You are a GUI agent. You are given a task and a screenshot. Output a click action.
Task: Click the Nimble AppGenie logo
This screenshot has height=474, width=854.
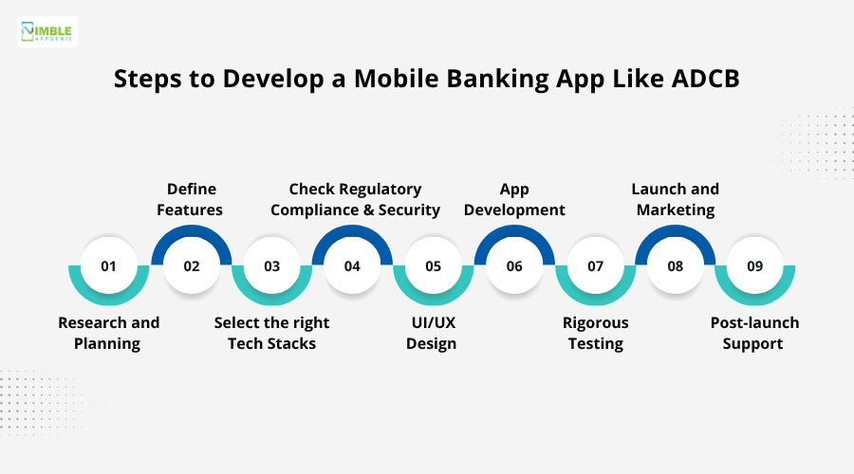(47, 31)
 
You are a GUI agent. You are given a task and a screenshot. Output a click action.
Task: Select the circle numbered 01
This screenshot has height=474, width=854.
(108, 265)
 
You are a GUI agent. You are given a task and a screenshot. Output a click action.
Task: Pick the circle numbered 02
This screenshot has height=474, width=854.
(192, 265)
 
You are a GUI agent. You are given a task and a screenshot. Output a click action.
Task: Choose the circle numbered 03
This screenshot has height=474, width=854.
(272, 265)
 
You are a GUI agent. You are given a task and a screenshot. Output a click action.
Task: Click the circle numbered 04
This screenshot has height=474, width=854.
(352, 265)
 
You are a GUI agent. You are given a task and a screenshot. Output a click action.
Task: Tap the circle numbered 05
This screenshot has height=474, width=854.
(434, 265)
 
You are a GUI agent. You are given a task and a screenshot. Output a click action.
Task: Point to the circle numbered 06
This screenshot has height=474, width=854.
(514, 265)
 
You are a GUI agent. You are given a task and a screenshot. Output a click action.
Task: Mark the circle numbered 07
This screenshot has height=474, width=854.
(595, 265)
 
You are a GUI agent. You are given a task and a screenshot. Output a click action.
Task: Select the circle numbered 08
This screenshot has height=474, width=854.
(675, 265)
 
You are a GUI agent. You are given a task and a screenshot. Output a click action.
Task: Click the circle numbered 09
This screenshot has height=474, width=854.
(755, 265)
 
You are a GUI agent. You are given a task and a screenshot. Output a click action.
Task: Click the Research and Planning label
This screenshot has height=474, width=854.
(108, 333)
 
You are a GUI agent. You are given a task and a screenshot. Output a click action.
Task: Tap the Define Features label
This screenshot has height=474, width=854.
(192, 199)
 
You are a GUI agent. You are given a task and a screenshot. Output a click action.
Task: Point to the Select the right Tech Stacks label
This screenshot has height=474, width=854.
(272, 333)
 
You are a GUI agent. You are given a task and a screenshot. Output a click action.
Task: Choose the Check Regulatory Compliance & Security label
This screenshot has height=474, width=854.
(355, 199)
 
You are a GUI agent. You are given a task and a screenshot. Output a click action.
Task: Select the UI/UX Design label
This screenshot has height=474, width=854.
(433, 333)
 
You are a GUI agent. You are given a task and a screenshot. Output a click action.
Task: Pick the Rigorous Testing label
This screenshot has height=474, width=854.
(596, 333)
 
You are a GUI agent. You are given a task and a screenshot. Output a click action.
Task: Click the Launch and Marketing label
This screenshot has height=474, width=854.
(676, 199)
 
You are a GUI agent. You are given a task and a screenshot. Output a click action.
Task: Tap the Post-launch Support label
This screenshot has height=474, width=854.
(754, 333)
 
